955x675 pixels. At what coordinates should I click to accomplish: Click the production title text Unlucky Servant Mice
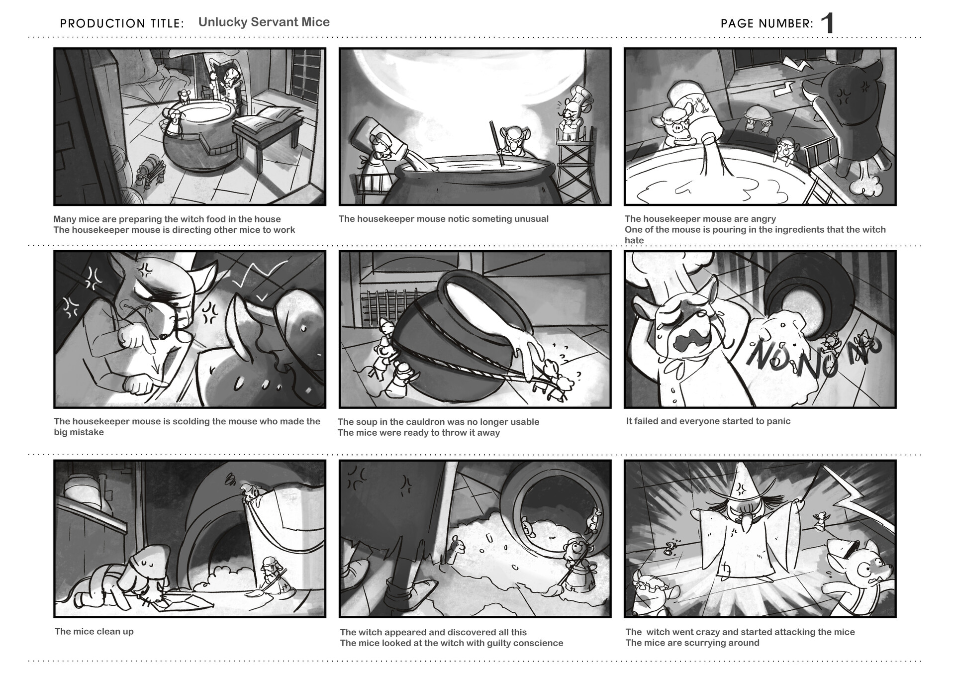(264, 22)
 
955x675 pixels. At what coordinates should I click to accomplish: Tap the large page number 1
(827, 23)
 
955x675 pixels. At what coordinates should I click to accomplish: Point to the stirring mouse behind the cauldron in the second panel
(508, 142)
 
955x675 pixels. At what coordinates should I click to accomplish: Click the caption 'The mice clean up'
(94, 631)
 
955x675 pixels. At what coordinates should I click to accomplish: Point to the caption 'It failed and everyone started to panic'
(708, 421)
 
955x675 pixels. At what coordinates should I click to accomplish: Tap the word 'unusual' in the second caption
(531, 219)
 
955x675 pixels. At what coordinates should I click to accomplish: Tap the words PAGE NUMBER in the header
(767, 23)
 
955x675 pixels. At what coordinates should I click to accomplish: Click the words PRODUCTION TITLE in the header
(122, 23)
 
